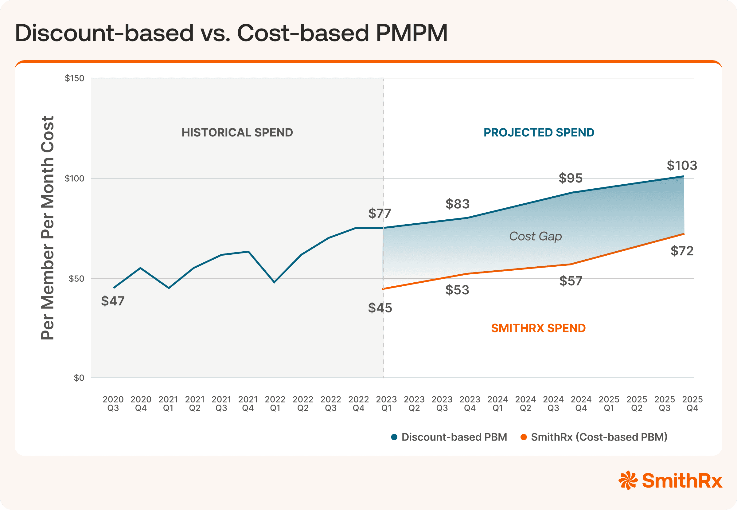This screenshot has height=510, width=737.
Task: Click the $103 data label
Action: coord(681,166)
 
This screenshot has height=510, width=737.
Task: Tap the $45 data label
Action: coord(380,308)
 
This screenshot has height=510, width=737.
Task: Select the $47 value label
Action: coord(113,301)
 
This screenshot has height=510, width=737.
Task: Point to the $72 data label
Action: coord(682,251)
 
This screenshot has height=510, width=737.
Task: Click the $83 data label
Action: coord(457,204)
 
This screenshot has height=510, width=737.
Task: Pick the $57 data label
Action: coord(571,281)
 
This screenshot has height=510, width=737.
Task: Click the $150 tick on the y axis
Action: coord(74,78)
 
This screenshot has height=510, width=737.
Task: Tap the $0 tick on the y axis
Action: coord(79,378)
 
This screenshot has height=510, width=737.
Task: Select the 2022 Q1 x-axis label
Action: coord(275,404)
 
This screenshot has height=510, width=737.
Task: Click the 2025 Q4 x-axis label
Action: coord(692,404)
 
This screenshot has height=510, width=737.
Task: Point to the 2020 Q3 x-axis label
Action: coord(113,404)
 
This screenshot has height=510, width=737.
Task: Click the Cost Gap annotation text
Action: coord(535,237)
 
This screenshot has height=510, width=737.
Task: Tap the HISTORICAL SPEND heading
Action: coord(237,133)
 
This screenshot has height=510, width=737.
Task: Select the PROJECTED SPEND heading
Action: coord(539,133)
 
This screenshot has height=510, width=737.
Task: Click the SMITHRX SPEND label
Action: coord(538,328)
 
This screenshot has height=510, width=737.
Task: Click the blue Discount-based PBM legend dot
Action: coord(394,437)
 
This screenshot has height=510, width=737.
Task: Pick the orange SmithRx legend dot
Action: coord(523,437)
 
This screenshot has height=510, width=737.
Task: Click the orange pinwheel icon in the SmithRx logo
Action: coord(628,480)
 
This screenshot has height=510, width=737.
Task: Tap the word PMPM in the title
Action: coord(411,33)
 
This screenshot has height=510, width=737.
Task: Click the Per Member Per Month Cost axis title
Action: coord(48,228)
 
